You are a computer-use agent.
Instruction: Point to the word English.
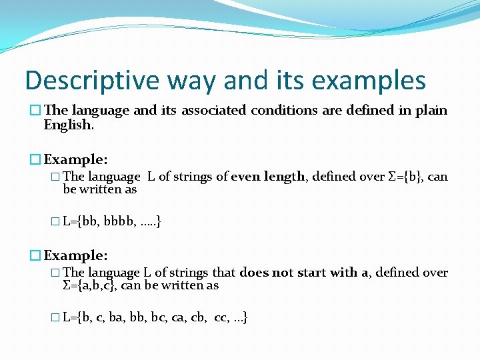click(67, 125)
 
